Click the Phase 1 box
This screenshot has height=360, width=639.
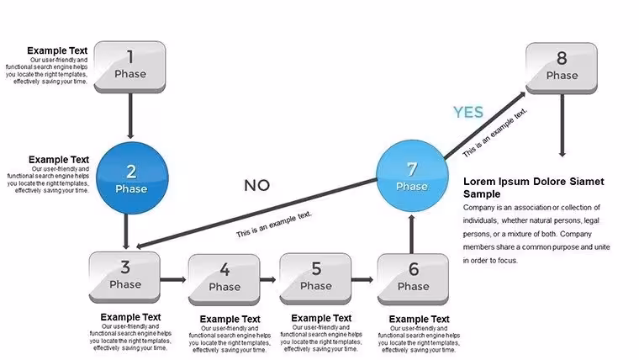[130, 66]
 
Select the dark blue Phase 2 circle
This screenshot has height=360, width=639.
[132, 178]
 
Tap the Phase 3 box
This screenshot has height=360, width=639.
[124, 278]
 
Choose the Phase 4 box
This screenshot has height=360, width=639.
[224, 280]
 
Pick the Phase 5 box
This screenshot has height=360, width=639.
[315, 279]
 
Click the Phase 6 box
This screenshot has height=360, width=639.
[413, 279]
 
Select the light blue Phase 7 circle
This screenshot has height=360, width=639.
[412, 176]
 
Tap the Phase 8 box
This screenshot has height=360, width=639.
[562, 68]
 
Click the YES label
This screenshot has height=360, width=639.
[468, 112]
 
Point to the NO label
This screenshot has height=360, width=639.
[256, 186]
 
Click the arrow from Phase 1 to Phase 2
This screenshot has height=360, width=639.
[130, 116]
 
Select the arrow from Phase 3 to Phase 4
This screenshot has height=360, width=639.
[173, 280]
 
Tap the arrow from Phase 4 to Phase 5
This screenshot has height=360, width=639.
[268, 280]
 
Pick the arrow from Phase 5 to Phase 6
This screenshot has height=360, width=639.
[362, 280]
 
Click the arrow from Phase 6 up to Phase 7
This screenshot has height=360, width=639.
[412, 234]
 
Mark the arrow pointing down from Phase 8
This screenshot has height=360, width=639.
[562, 125]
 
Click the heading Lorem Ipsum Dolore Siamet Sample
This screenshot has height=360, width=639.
[533, 188]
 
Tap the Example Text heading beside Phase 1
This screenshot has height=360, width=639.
[57, 50]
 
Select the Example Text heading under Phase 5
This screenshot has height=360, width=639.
[321, 318]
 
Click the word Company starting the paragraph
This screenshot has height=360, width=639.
[478, 208]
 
